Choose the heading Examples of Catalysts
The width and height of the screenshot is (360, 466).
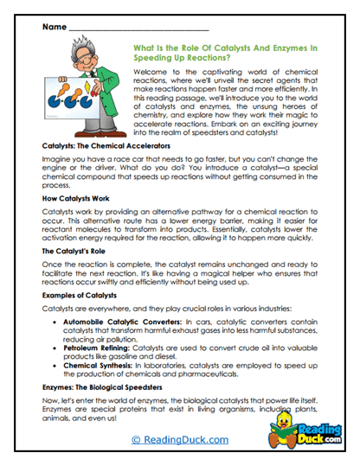coord(80,295)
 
